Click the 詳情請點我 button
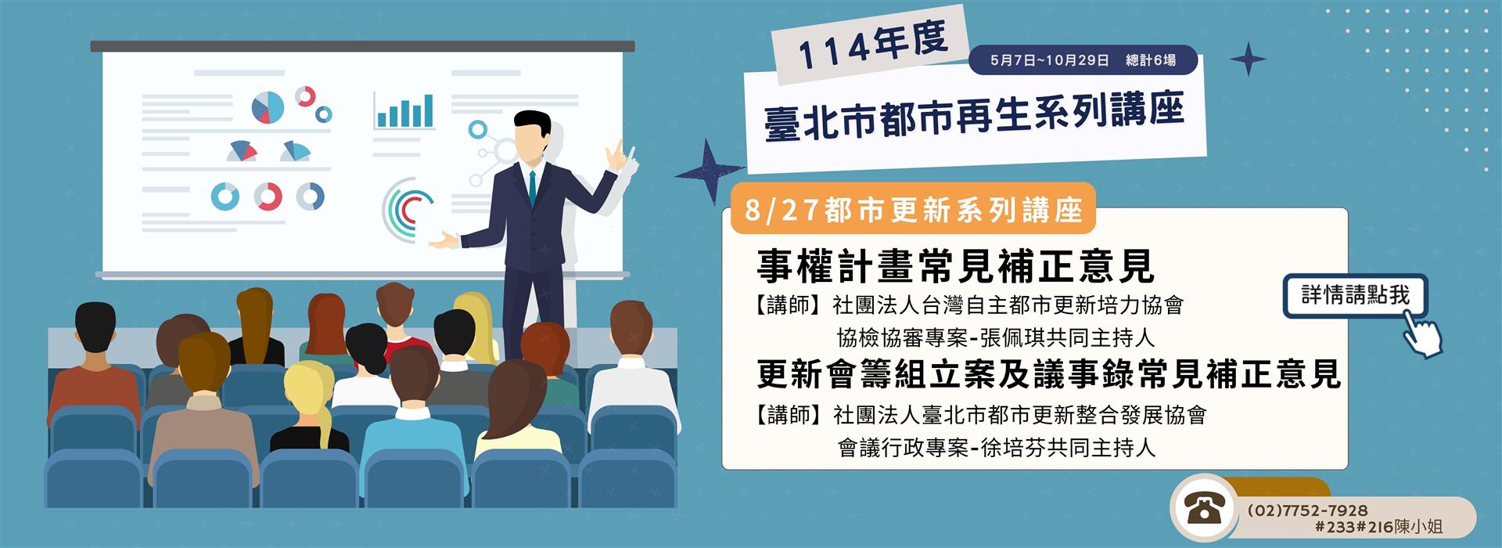(1355, 296)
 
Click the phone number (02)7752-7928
(1307, 510)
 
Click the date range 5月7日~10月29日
(1049, 60)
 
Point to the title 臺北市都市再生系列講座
(974, 117)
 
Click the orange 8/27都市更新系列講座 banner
(913, 210)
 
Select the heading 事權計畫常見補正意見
(955, 266)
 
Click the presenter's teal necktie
(532, 187)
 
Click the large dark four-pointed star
(709, 171)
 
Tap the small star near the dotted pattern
(1248, 59)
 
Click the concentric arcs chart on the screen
(404, 211)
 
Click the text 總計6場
(1150, 60)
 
